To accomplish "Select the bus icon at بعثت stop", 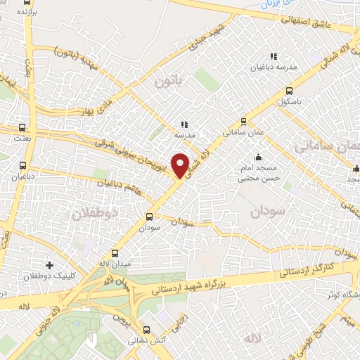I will coord(23,128).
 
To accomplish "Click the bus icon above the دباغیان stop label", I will coord(23,166).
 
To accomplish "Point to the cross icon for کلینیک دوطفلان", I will coord(49,265).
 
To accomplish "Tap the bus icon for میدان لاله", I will coord(115,252).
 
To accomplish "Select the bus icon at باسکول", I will coord(289,91).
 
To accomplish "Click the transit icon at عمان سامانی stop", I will coord(243,120).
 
